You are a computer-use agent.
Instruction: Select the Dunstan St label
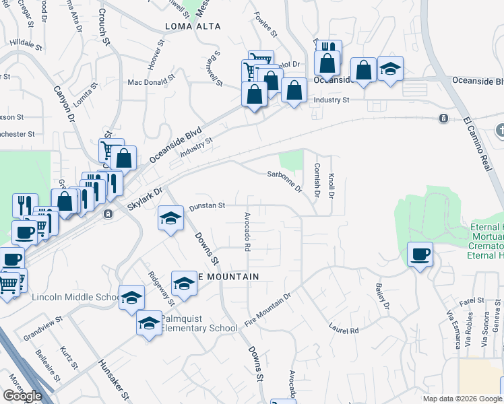pos(207,205)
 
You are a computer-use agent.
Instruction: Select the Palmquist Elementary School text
pos(199,323)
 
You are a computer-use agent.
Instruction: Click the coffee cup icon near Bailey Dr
pos(420,255)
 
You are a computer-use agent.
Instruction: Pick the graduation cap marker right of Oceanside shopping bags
pos(390,69)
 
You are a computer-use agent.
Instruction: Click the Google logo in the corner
pos(22,396)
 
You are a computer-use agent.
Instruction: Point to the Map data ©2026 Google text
pos(462,399)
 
